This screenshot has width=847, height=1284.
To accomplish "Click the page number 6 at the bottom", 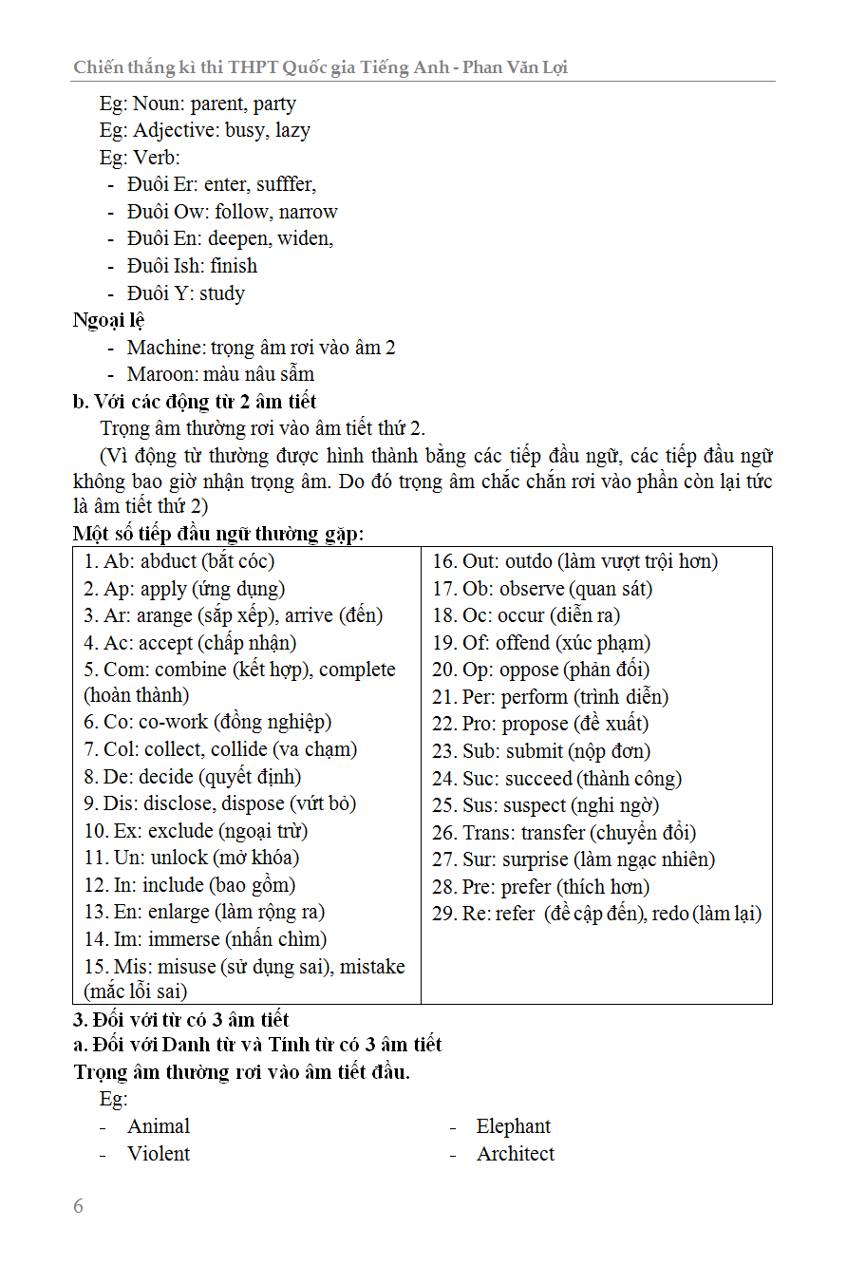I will [x=78, y=1206].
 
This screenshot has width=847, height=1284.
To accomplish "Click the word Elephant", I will [x=513, y=1126].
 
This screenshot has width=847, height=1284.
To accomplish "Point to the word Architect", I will [x=516, y=1154].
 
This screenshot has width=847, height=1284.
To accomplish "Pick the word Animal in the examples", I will [x=159, y=1126].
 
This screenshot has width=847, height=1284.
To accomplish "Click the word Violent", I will [x=159, y=1154].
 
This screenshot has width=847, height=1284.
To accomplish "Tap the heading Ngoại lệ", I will [x=108, y=320].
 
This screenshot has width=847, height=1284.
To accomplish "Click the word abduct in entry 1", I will [x=168, y=561].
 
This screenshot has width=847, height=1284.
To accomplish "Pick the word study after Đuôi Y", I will [x=222, y=293].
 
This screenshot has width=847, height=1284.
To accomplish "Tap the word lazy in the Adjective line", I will [x=292, y=130].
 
